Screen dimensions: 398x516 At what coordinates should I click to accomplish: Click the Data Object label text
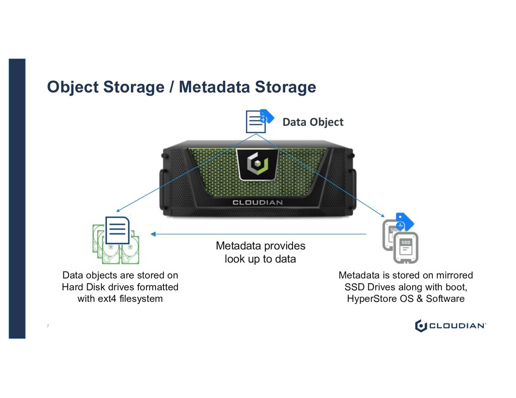pos(312,122)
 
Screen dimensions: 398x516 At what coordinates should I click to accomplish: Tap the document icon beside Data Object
pos(256,121)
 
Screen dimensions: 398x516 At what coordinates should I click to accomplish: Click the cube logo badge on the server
pos(257,165)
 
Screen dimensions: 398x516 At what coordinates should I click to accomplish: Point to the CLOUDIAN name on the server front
pos(257,202)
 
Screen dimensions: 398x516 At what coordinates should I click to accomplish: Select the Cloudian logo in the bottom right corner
pos(450,326)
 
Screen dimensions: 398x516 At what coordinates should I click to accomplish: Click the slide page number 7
pos(48,327)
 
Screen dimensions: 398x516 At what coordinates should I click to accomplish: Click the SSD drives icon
pos(401,242)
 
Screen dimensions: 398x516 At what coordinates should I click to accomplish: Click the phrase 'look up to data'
pos(260,260)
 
